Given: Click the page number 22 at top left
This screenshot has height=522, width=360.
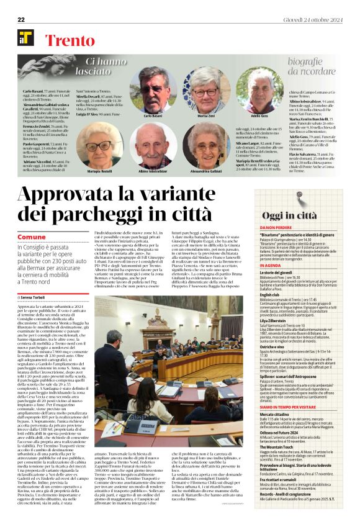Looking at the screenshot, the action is pyautogui.click(x=20, y=5).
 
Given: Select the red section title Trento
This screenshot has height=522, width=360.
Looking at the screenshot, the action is pyautogui.click(x=70, y=40).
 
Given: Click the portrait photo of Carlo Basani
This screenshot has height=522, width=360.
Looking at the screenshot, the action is pyautogui.click(x=158, y=91).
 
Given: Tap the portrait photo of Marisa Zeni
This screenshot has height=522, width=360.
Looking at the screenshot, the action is pyautogui.click(x=206, y=91).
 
